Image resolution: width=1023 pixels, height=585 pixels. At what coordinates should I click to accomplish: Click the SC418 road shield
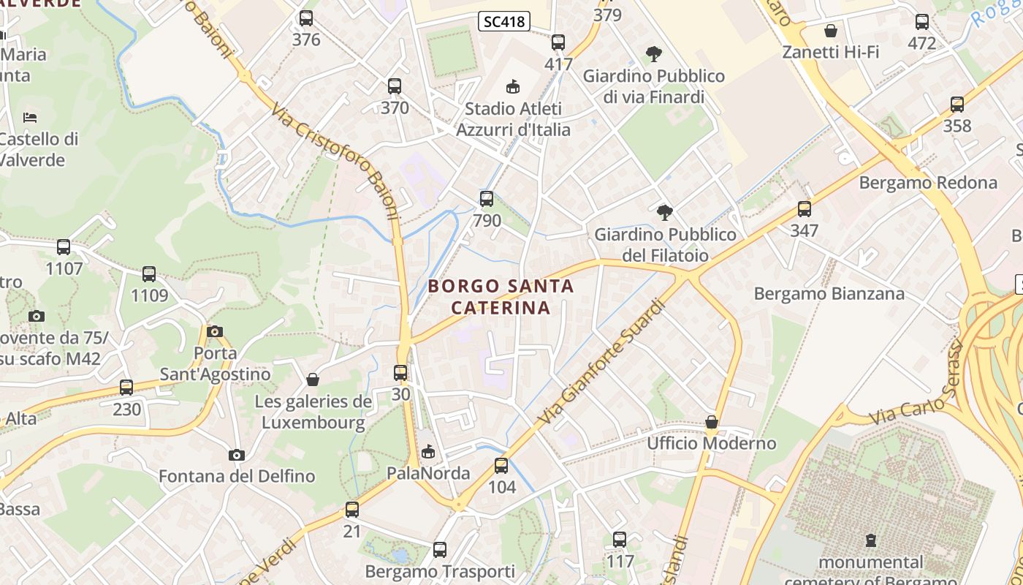pos(504,21)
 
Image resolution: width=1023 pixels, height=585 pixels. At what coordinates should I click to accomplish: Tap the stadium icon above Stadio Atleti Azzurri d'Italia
pos(513,86)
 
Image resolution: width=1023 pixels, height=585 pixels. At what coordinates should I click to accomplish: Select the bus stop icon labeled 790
pos(487,198)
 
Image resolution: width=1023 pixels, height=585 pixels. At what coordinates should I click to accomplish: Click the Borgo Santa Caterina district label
pos(501,296)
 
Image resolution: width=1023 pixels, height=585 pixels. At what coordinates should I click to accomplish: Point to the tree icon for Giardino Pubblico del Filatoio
pos(664,213)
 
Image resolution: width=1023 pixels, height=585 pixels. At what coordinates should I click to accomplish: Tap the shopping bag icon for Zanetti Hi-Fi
pos(830,31)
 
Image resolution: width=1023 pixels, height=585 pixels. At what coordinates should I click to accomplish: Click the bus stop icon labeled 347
pos(805,209)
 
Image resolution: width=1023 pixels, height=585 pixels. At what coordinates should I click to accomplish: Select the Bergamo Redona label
pos(928,182)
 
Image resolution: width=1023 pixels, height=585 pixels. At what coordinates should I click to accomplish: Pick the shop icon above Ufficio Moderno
pos(711,422)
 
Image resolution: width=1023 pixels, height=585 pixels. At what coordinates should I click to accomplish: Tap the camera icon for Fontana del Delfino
pos(236,455)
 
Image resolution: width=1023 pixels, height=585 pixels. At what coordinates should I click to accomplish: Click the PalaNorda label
pos(428,473)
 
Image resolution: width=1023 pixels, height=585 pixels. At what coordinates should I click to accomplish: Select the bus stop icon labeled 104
pos(501,465)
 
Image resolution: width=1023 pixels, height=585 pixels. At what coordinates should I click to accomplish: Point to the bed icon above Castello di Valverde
pos(30,117)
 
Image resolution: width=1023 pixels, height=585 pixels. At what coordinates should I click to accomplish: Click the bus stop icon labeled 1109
pos(149,274)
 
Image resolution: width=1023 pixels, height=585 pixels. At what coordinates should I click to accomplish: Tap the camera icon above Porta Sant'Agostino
pos(214,331)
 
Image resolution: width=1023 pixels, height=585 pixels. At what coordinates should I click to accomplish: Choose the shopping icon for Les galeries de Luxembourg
pos(313,380)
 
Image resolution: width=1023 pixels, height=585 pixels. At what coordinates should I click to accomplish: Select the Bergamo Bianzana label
pos(829,293)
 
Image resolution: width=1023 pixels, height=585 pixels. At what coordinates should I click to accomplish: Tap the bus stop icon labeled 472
pos(922,22)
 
